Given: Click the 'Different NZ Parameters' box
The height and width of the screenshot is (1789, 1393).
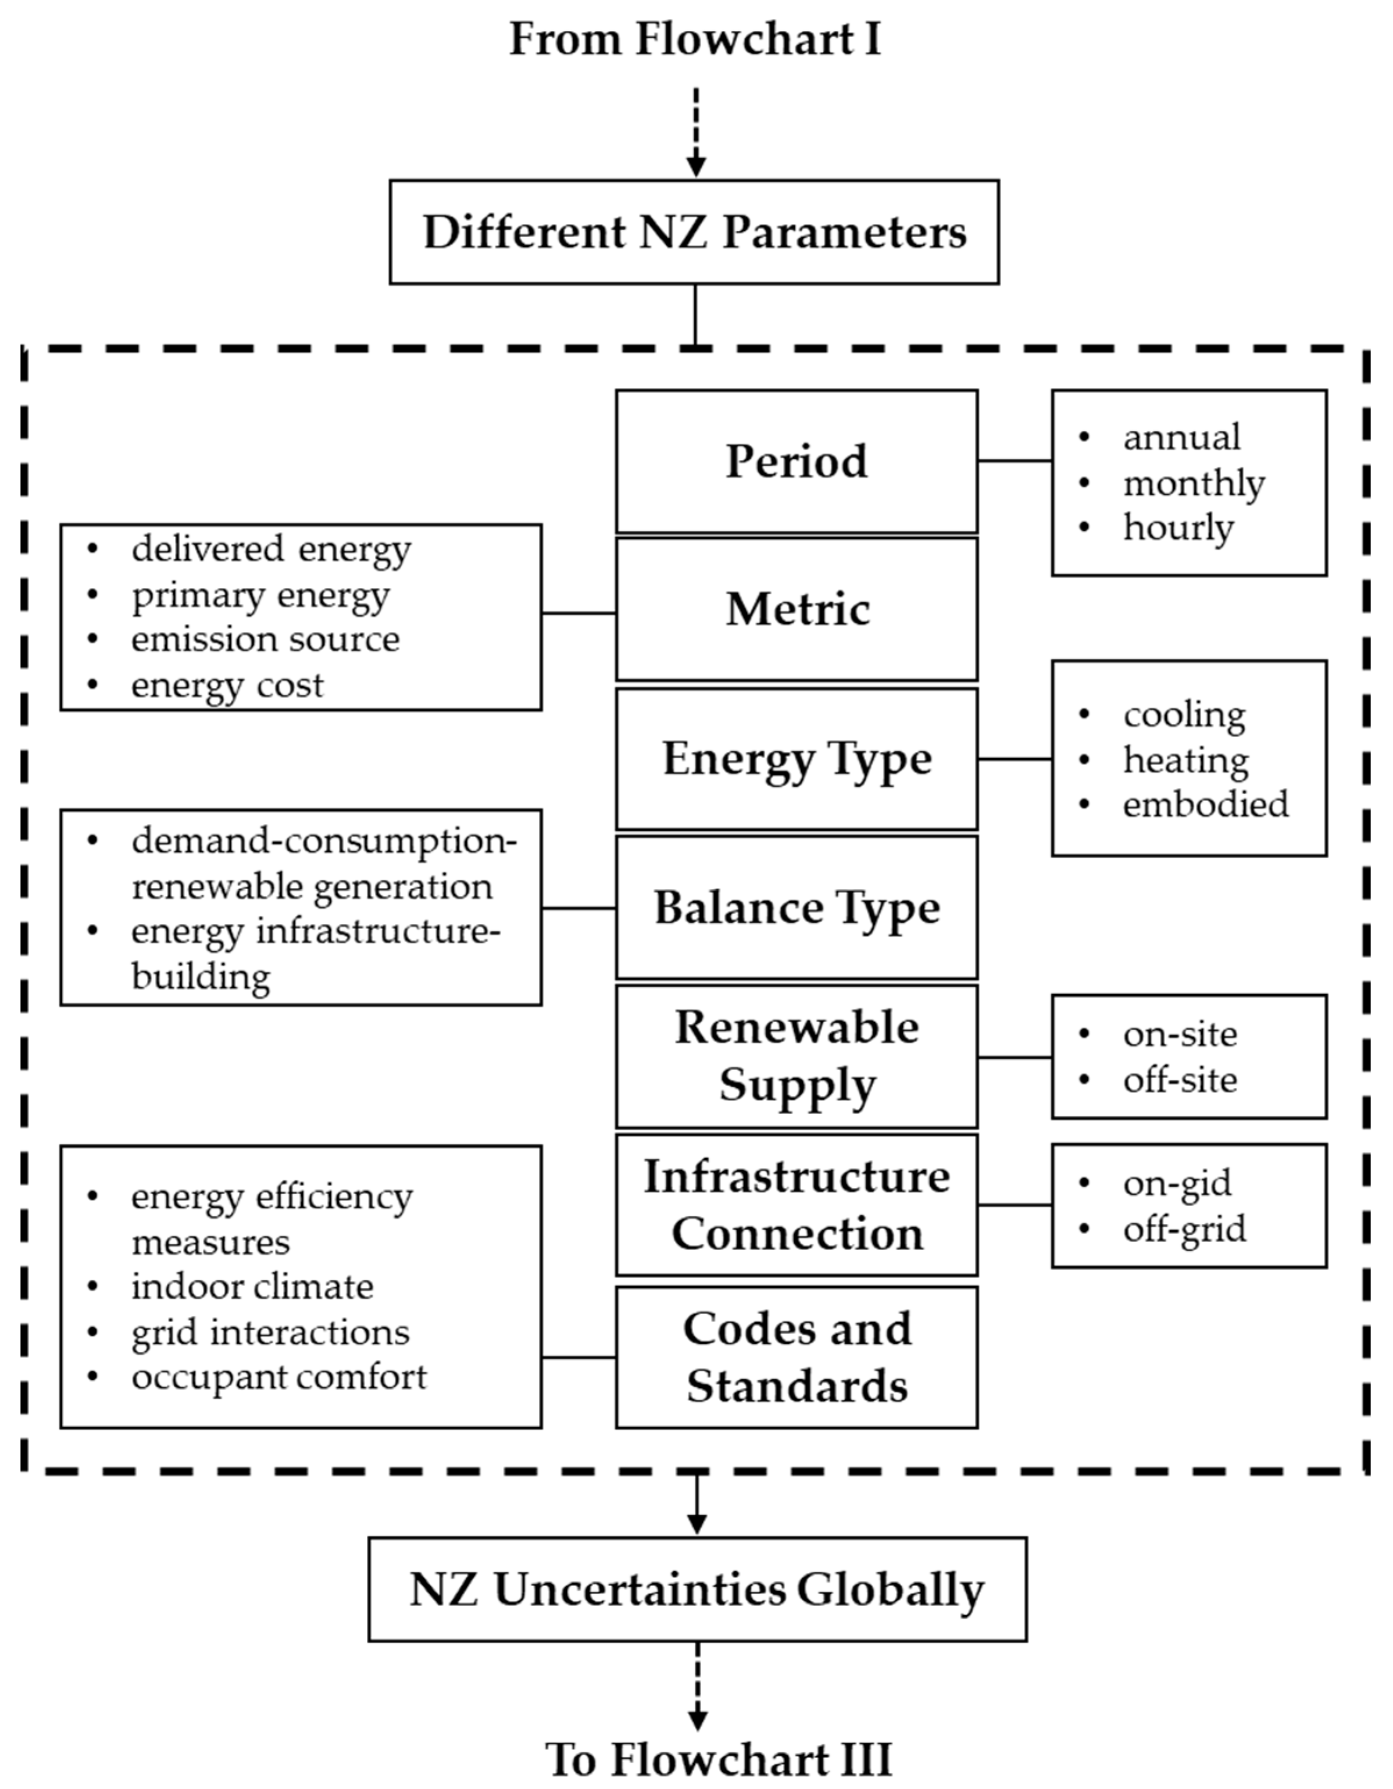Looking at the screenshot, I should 694,233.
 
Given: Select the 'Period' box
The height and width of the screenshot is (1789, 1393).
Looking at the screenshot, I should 796,461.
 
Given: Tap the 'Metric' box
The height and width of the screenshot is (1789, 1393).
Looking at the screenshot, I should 796,609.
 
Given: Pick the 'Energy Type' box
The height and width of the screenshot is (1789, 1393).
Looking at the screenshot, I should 796,759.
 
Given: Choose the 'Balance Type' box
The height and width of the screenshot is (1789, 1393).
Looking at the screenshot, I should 796,908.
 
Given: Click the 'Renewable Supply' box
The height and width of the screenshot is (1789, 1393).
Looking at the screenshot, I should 796,1056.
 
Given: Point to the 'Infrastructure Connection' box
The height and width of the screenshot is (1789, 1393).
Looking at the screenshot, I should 796,1205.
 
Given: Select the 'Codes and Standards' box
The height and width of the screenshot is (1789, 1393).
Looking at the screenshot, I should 796,1358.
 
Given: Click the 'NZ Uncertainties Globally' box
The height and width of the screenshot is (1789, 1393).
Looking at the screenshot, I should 697,1590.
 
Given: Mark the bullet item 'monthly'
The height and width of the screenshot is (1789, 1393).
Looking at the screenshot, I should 1192,483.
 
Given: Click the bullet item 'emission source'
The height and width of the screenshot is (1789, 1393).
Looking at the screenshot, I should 265,640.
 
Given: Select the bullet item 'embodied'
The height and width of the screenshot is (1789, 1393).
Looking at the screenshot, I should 1205,805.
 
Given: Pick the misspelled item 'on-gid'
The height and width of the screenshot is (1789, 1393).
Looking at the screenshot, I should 1176,1183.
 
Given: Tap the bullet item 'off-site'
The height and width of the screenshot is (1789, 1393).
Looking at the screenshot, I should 1179,1080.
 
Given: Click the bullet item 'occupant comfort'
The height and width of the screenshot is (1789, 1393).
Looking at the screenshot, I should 278,1377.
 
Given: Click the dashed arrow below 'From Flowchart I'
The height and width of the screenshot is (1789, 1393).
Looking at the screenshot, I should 695,131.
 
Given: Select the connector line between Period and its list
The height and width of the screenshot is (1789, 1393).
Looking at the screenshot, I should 1014,461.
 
